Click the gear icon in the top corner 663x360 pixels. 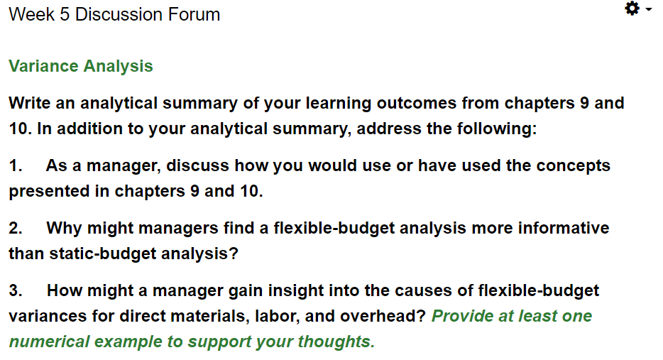[632, 9]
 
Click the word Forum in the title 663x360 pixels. [194, 14]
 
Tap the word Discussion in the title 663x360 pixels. [119, 14]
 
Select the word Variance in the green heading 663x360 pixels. [43, 66]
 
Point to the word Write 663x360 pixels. [30, 103]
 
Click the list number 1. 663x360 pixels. [16, 165]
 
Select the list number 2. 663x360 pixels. [16, 228]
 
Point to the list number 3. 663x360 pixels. [16, 290]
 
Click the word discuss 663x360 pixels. [198, 165]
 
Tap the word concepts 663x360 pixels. [573, 166]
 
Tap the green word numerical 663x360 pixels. [50, 342]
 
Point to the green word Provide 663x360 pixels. [462, 316]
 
